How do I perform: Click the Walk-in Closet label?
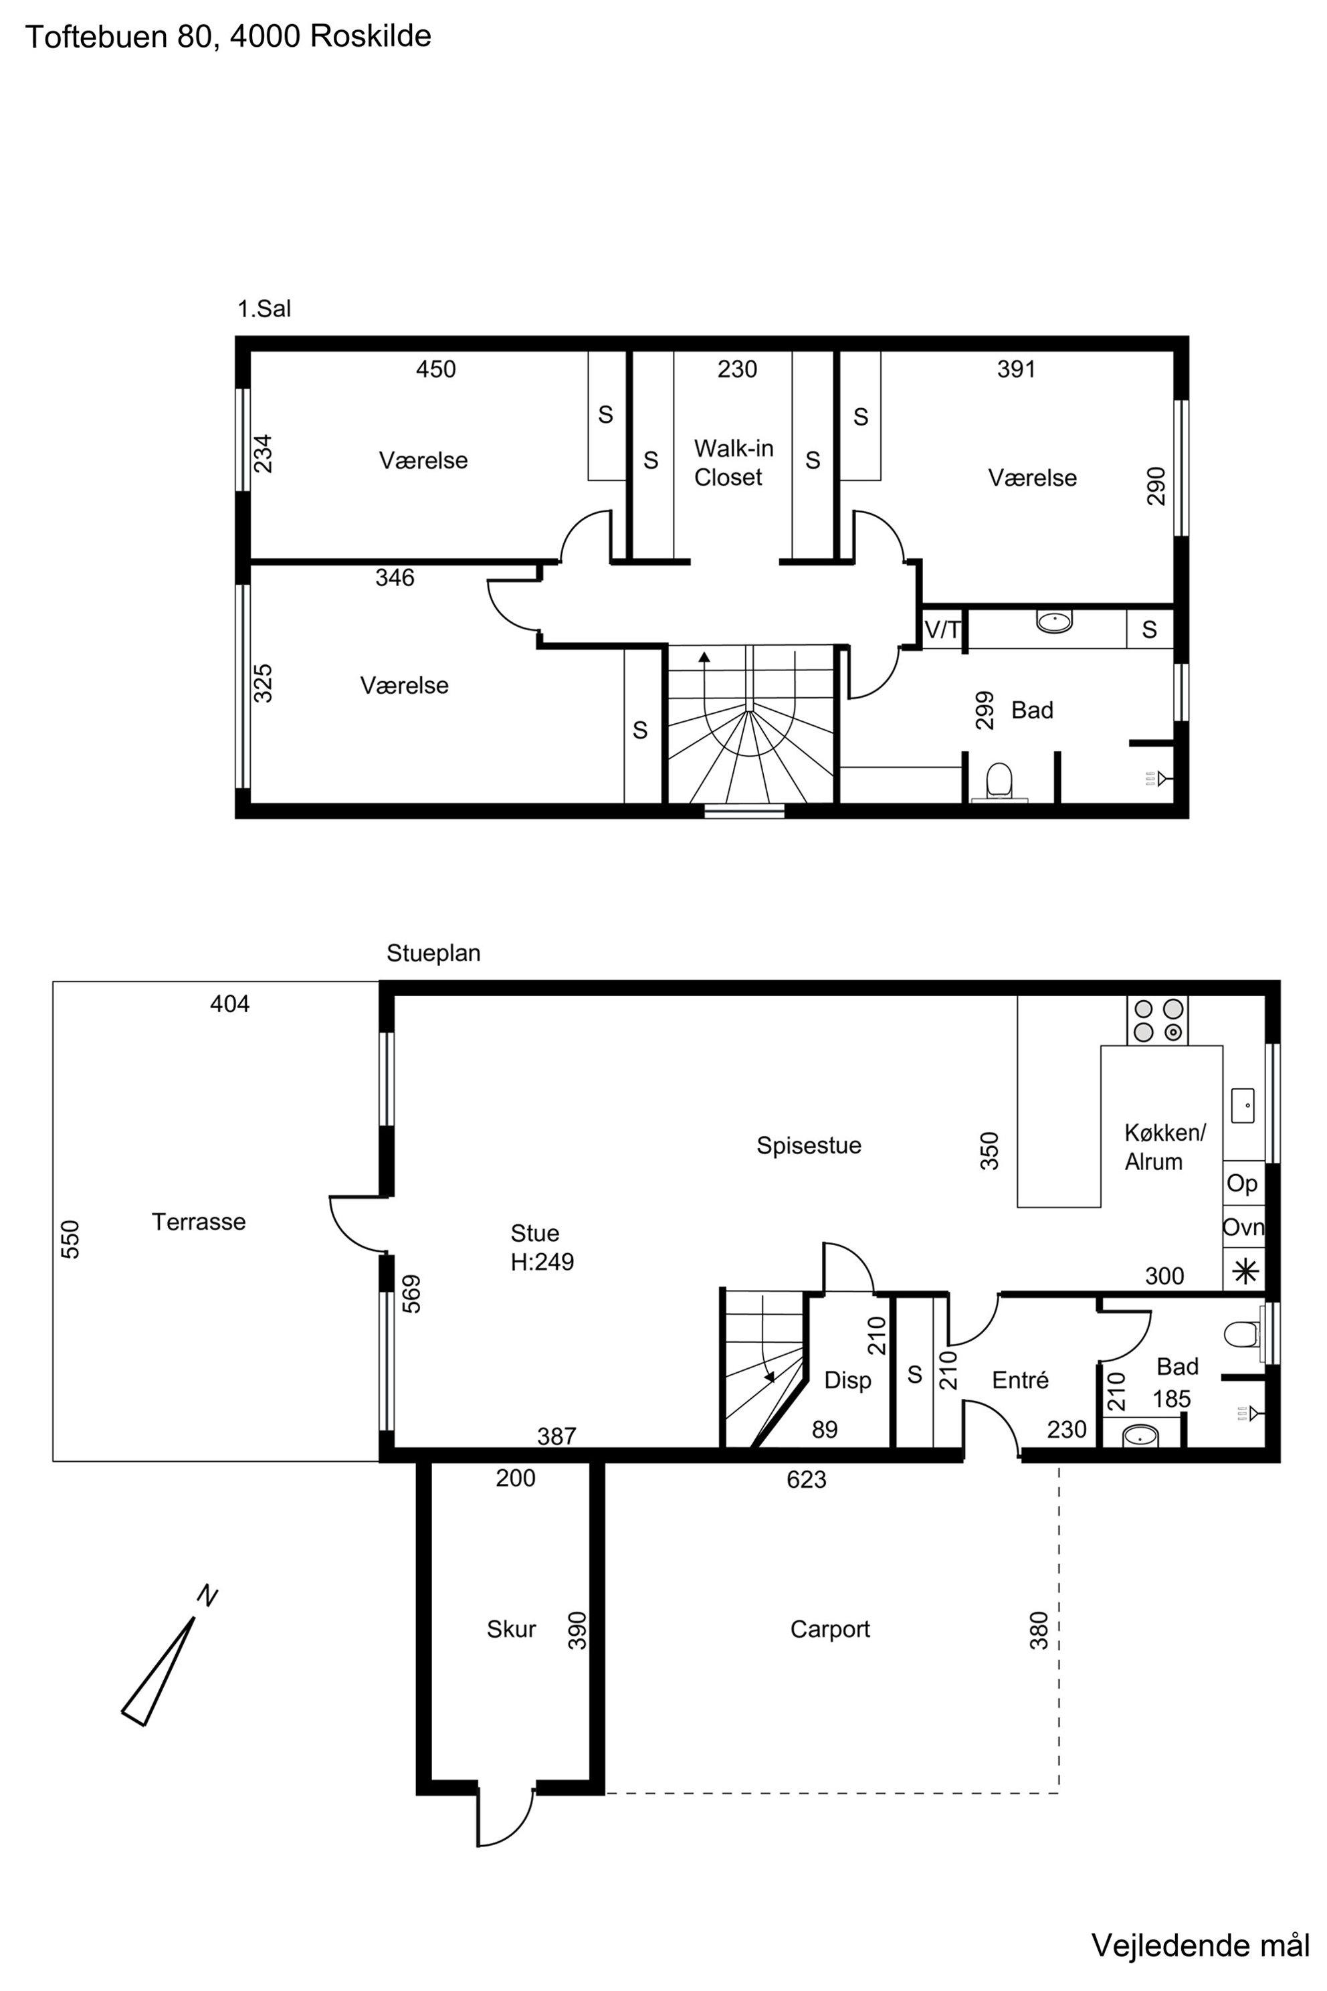(733, 462)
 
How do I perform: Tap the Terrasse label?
(199, 1222)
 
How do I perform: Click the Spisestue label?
(809, 1145)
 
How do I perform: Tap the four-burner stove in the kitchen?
(1158, 1020)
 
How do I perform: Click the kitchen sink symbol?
(1242, 1105)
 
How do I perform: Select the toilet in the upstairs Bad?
(999, 781)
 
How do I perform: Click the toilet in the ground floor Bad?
(1241, 1335)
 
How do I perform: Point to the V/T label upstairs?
(943, 630)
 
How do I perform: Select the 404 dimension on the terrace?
(229, 1004)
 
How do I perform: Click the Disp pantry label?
(847, 1381)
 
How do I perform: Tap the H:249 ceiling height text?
(542, 1262)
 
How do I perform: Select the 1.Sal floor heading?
(264, 309)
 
